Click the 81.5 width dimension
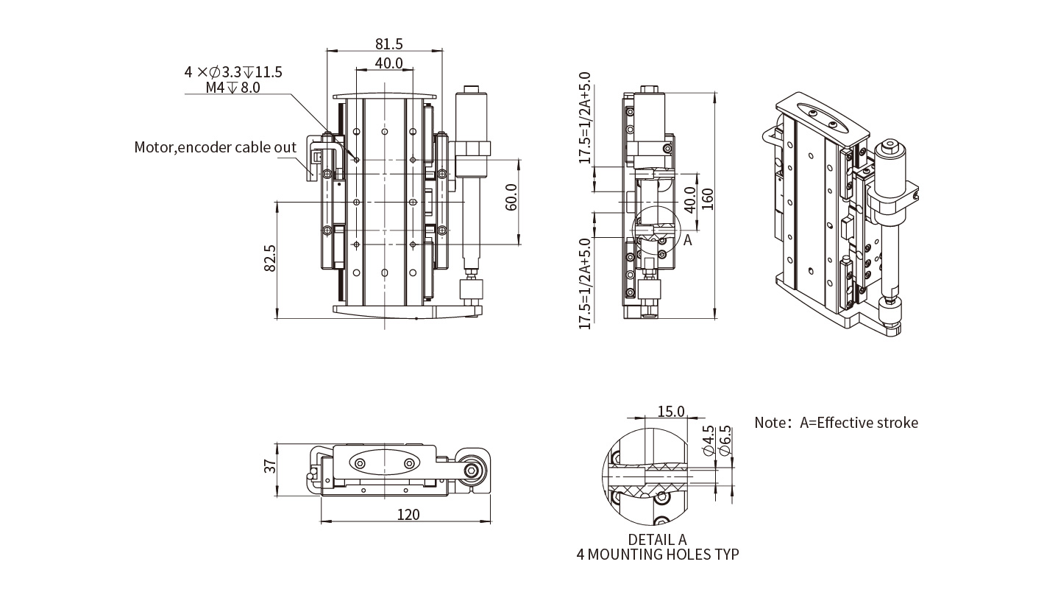(388, 44)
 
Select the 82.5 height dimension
(269, 258)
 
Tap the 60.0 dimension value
(511, 197)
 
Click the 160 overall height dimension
(708, 199)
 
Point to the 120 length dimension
(408, 514)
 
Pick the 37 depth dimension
(270, 465)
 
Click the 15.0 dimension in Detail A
(670, 411)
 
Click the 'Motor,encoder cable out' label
(215, 147)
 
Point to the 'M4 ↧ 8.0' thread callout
(232, 88)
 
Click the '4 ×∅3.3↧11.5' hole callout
(233, 72)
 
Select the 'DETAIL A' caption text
(657, 539)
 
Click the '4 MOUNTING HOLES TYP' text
(657, 554)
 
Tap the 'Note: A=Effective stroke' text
(836, 423)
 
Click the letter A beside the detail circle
(688, 240)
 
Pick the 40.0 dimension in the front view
(388, 63)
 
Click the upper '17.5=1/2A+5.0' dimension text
(586, 118)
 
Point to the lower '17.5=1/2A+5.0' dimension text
(586, 283)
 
